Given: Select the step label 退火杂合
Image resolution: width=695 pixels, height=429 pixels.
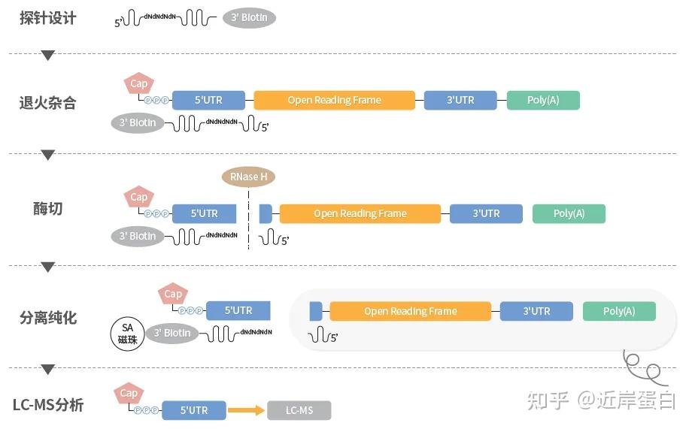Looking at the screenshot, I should pyautogui.click(x=48, y=103).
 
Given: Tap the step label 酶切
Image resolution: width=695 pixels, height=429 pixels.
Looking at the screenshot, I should pyautogui.click(x=48, y=209).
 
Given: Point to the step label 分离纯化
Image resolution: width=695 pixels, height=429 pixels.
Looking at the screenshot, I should pyautogui.click(x=48, y=318).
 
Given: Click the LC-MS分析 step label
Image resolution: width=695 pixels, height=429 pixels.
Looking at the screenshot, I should pyautogui.click(x=48, y=406).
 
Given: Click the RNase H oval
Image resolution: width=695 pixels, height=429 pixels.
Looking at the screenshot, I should pyautogui.click(x=248, y=177).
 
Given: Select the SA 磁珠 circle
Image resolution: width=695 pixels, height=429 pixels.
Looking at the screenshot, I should pyautogui.click(x=127, y=333).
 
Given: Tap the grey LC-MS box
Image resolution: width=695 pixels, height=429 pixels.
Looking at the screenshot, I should pyautogui.click(x=299, y=410).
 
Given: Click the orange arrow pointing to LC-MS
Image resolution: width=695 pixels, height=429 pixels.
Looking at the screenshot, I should pyautogui.click(x=247, y=410).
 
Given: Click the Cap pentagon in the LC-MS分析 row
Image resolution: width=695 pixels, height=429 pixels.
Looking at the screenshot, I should pyautogui.click(x=129, y=394).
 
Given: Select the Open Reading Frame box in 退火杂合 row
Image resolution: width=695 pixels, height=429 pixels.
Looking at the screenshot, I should pyautogui.click(x=334, y=101).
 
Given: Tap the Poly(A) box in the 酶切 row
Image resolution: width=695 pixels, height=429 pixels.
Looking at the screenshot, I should pyautogui.click(x=569, y=213).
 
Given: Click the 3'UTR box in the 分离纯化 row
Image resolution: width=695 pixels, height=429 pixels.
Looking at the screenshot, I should pyautogui.click(x=536, y=311).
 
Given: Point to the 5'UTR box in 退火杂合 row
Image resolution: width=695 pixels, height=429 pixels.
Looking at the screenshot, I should pyautogui.click(x=208, y=101).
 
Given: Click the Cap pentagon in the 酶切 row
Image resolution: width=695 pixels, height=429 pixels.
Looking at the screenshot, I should pyautogui.click(x=139, y=198).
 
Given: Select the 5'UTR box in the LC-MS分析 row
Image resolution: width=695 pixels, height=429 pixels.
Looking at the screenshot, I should pyautogui.click(x=194, y=410).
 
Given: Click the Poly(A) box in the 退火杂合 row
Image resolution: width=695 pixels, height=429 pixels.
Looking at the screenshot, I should pyautogui.click(x=543, y=101).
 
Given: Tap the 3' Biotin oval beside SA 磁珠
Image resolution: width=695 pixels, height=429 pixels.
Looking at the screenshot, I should pyautogui.click(x=172, y=333).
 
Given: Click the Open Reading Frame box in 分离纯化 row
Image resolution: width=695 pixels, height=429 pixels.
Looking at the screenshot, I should pyautogui.click(x=410, y=311).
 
